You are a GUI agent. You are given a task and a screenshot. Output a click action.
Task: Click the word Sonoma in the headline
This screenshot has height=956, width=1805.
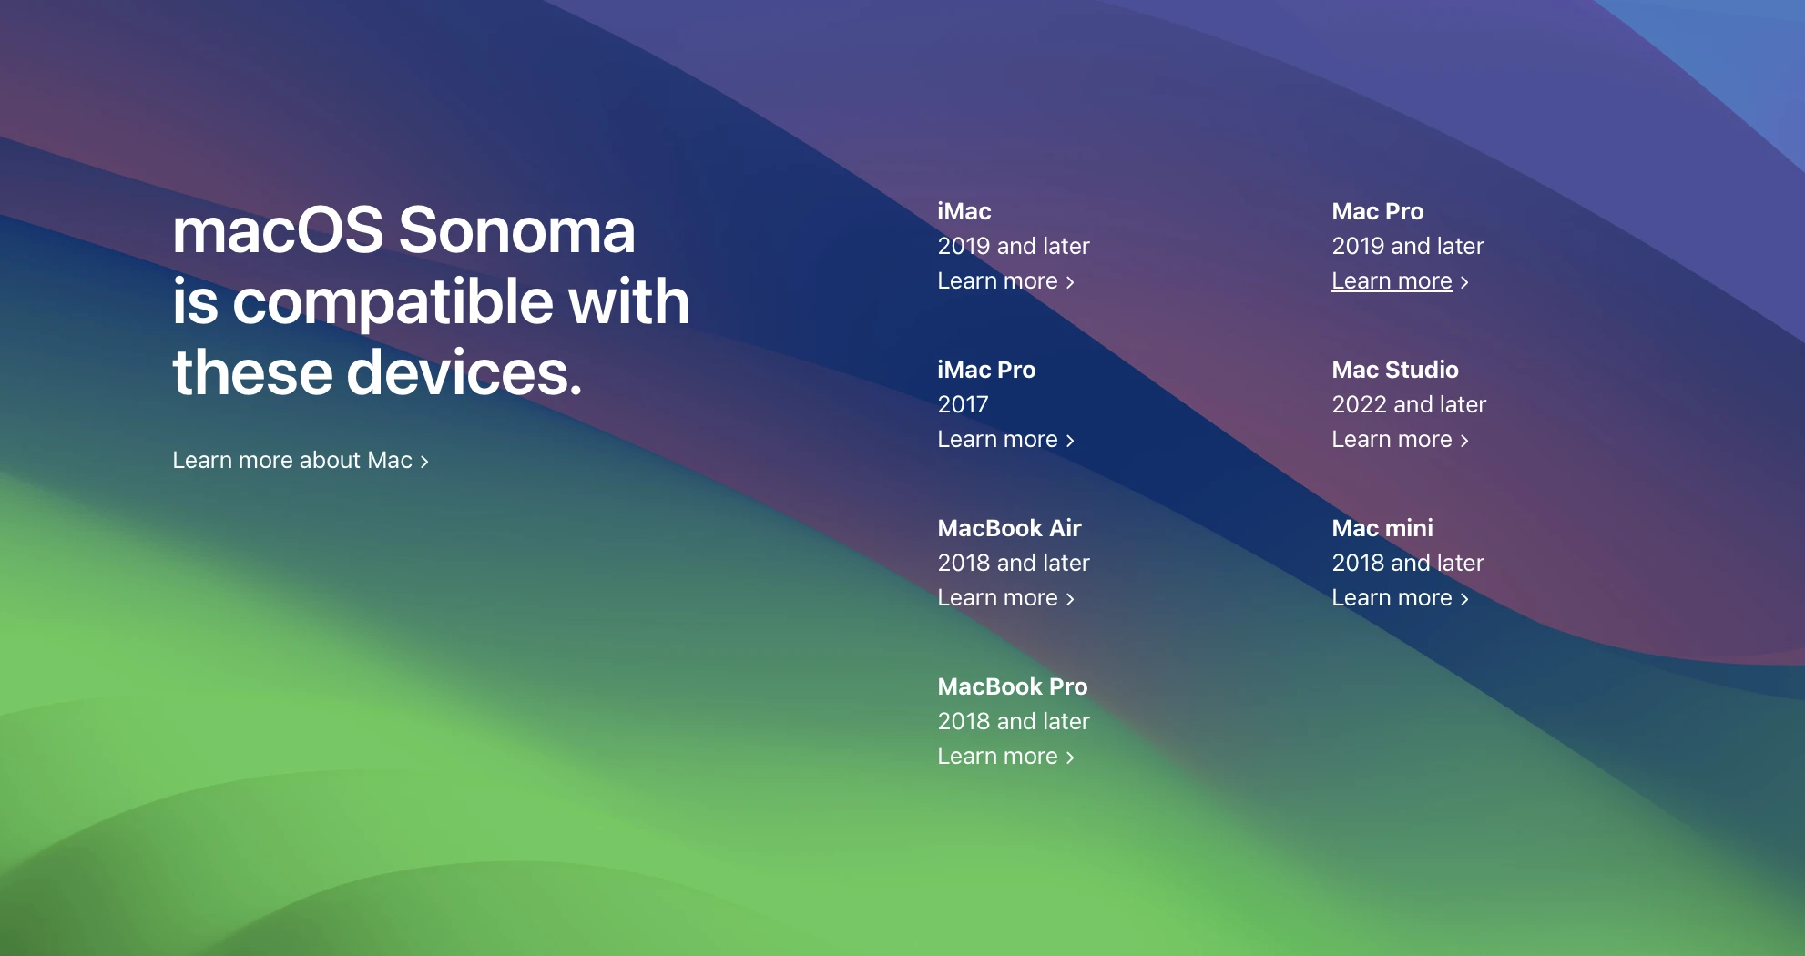click(x=516, y=229)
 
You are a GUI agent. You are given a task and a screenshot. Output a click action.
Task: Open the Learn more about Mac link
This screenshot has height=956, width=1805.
click(x=301, y=460)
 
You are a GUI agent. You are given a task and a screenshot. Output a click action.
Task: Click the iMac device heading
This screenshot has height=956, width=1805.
click(x=964, y=211)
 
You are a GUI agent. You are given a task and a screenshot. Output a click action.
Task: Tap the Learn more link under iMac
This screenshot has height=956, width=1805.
click(x=1006, y=281)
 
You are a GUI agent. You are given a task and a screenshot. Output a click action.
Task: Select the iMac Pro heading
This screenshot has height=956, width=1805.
click(x=986, y=370)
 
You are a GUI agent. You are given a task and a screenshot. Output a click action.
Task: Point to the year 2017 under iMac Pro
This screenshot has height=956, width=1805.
click(x=963, y=404)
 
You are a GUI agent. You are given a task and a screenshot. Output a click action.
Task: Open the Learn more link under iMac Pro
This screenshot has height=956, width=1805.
click(x=1006, y=440)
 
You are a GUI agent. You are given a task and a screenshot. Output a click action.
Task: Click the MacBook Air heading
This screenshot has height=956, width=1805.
click(x=1009, y=528)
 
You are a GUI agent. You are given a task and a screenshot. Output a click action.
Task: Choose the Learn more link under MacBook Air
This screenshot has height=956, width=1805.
click(x=1006, y=598)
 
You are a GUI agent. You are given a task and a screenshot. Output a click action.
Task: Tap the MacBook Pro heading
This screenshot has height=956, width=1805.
click(x=1013, y=686)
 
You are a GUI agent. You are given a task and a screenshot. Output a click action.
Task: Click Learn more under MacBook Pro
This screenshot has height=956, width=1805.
click(x=1006, y=757)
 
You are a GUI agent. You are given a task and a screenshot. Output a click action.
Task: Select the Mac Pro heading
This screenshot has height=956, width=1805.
click(x=1377, y=211)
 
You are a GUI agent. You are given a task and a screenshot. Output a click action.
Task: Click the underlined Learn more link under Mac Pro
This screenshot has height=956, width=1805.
click(x=1401, y=281)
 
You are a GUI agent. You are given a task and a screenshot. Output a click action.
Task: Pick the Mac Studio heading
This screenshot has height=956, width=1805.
click(x=1395, y=370)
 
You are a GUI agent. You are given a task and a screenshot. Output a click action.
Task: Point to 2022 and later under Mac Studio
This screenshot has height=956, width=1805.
click(x=1409, y=404)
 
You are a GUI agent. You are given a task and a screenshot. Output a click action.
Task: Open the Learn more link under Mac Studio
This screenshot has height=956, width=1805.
click(x=1401, y=440)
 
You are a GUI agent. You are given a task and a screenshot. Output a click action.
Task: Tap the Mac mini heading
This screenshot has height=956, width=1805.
click(x=1382, y=528)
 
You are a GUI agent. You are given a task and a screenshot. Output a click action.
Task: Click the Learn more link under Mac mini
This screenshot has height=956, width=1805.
click(x=1401, y=598)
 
